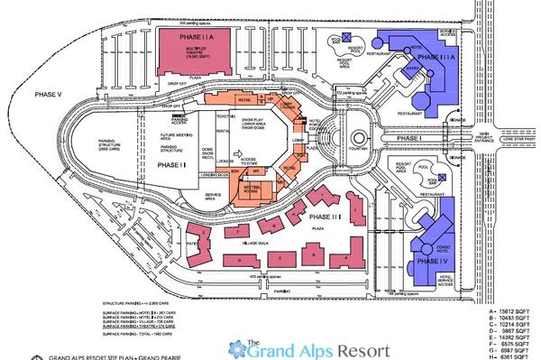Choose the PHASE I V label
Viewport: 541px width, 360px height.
point(426,261)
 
